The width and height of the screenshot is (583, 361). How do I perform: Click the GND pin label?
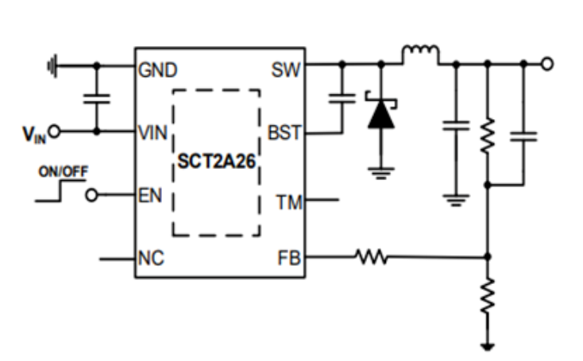157,71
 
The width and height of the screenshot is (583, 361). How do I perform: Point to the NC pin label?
150,258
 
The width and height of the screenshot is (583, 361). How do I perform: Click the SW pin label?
286,71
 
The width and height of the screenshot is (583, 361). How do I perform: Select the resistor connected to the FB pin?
371,256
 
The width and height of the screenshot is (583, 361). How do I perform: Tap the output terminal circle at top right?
546,63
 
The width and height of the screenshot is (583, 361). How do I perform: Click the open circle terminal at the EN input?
92,195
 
